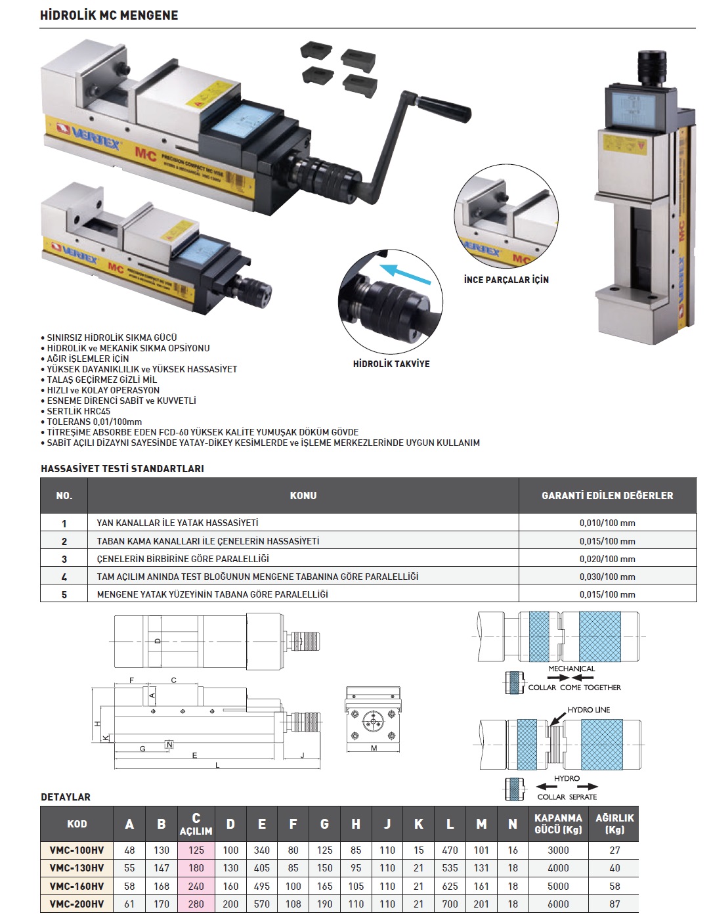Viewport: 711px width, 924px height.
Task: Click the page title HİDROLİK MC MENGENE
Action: pos(109,15)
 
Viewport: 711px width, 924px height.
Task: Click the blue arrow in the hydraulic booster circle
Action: pos(406,275)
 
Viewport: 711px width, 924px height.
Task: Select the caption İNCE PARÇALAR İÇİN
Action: pos(506,280)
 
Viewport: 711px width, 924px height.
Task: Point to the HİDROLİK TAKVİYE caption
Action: pos(391,364)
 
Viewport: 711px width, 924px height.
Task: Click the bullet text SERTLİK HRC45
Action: pos(79,411)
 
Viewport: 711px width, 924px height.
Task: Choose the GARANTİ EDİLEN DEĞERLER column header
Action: pos(607,496)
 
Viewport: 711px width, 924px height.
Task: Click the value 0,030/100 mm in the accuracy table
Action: pos(607,577)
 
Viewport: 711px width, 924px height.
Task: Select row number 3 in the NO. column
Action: pos(64,559)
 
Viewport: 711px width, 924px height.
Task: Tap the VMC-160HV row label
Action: pos(77,886)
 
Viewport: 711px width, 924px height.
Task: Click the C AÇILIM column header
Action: pos(196,824)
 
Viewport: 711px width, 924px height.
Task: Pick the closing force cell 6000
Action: pos(558,904)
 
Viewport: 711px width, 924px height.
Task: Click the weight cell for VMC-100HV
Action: pos(614,850)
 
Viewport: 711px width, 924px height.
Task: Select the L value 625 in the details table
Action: pos(450,886)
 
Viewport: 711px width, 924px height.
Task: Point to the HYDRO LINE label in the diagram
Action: pos(589,710)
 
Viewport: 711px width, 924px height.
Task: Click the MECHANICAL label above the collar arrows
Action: pos(571,669)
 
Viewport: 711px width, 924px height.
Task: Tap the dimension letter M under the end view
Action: pos(374,749)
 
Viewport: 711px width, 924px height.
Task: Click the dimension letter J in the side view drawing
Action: pos(303,755)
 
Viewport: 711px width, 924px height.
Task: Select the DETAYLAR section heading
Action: pos(66,797)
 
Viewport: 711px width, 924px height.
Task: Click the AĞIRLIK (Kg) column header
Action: pos(614,824)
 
